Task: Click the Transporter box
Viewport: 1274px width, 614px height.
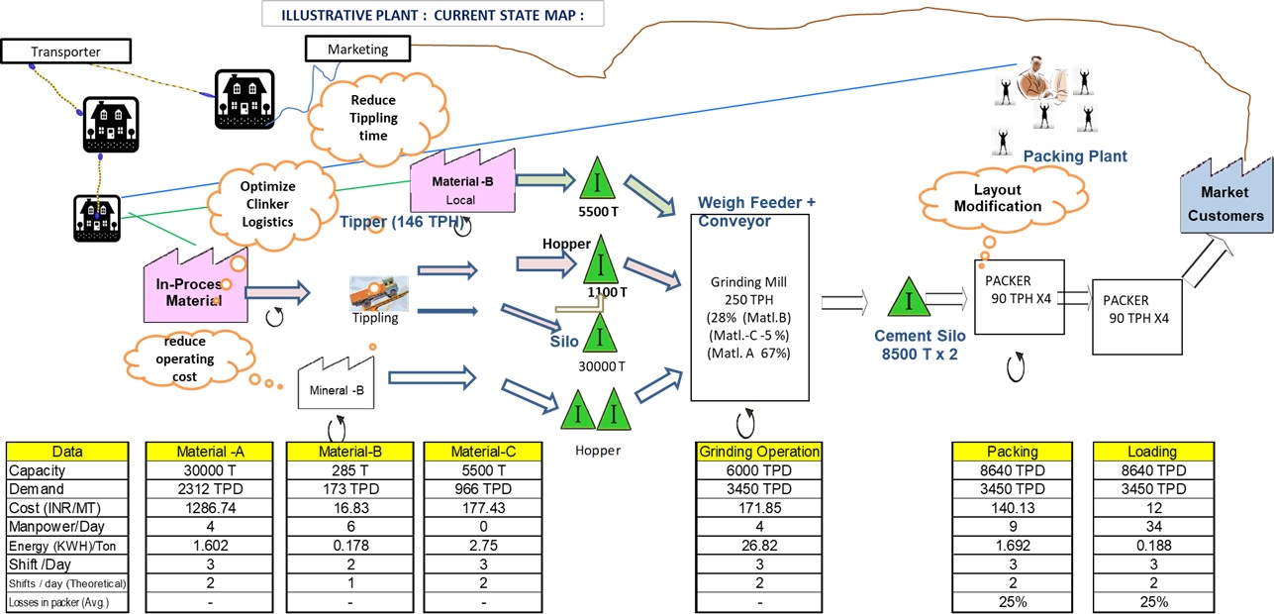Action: coord(65,51)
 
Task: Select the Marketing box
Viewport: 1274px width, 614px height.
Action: coord(357,49)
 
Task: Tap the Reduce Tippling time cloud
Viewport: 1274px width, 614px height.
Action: coord(372,118)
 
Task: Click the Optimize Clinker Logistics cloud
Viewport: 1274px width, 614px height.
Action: coord(269,203)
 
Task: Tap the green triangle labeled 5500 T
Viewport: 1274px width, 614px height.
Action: coord(597,179)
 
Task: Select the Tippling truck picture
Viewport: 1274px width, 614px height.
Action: coord(378,294)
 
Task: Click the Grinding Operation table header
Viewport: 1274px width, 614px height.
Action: coord(760,452)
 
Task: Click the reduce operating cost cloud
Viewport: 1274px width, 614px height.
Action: coord(185,358)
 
